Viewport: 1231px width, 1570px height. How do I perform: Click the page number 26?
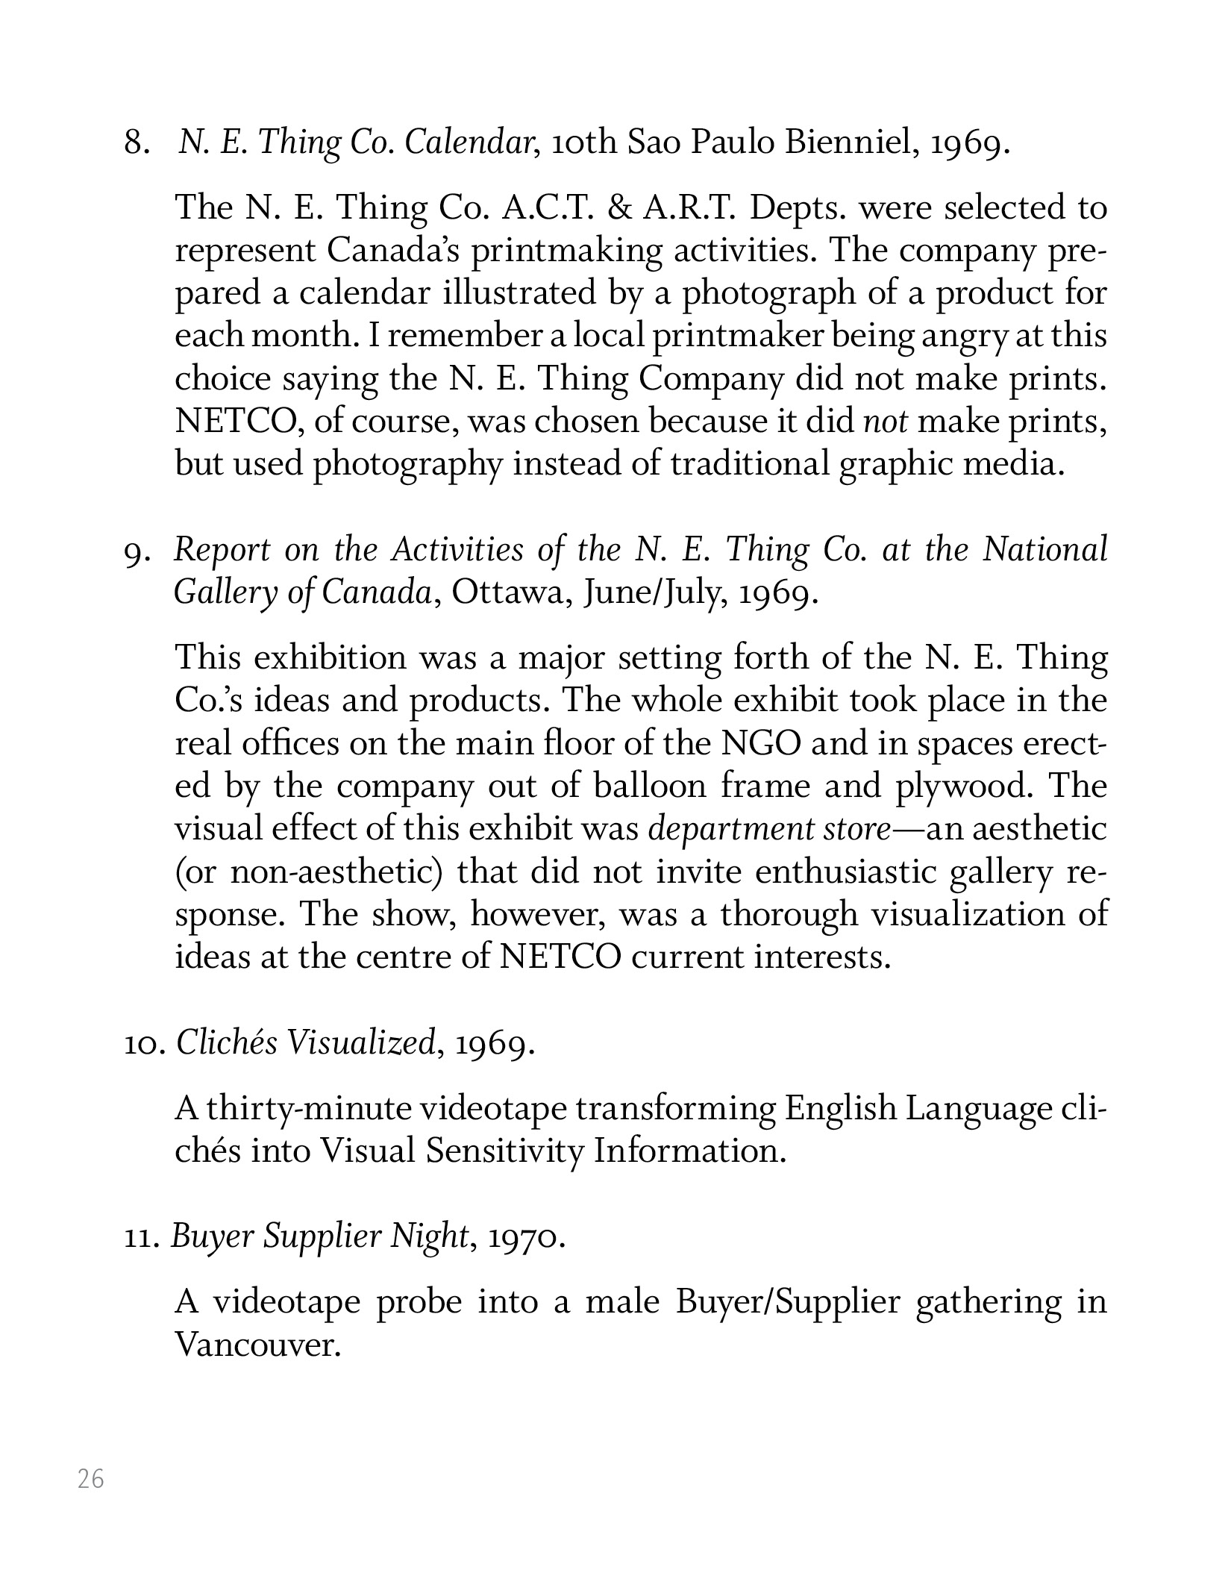coord(91,1478)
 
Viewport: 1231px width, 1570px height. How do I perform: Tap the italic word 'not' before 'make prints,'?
coord(886,422)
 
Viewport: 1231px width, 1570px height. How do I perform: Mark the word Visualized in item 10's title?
coord(361,1044)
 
